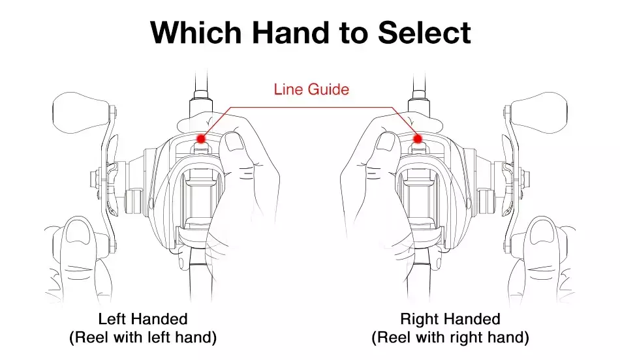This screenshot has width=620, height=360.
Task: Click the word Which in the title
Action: [196, 32]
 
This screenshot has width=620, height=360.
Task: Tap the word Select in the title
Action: [424, 32]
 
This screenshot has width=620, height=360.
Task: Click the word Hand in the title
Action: [290, 32]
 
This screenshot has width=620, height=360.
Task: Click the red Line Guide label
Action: [311, 89]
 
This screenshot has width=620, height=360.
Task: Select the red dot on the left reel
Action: [201, 139]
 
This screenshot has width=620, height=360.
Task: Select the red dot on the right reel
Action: [418, 139]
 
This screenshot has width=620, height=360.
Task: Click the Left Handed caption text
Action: [143, 319]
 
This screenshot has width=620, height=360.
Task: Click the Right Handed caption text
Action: [450, 319]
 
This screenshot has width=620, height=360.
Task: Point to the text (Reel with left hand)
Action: [143, 337]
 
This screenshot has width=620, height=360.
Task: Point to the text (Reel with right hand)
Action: [450, 337]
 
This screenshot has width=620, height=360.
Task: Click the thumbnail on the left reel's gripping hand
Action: [234, 142]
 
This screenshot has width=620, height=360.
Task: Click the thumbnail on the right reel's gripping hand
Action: [386, 142]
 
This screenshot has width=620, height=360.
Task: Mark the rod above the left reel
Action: [202, 82]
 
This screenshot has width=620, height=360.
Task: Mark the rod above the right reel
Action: [419, 82]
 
